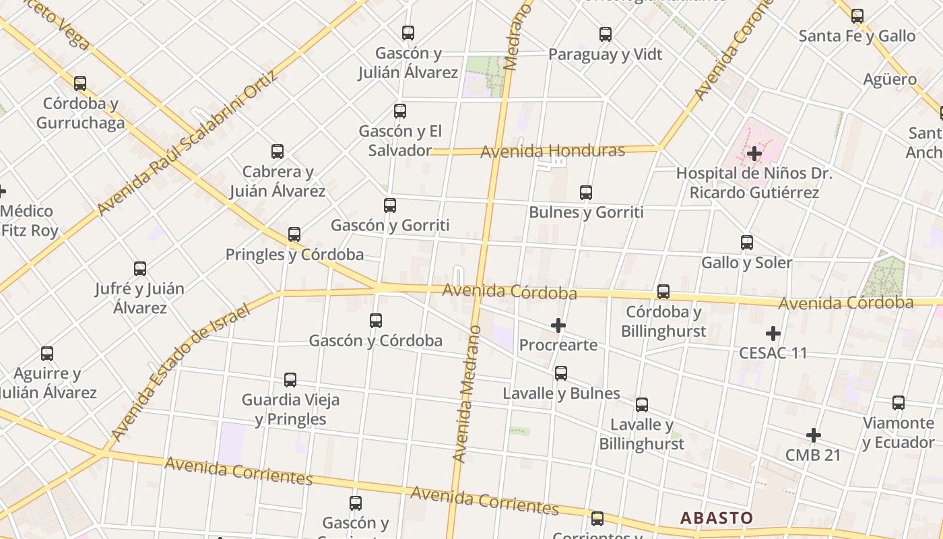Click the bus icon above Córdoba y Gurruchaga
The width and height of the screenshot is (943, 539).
(80, 84)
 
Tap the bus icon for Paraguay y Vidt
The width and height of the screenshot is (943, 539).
(606, 34)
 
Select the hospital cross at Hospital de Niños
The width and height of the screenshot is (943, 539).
(754, 154)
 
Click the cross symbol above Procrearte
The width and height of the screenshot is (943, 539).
(558, 326)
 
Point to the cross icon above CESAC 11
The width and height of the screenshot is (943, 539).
(773, 334)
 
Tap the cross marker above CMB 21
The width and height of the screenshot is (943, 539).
(814, 435)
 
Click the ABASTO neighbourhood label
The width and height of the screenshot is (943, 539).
(716, 518)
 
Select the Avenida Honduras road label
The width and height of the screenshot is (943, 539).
(552, 151)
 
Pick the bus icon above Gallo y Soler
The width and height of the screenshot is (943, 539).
(747, 243)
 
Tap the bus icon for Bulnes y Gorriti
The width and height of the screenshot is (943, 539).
(586, 193)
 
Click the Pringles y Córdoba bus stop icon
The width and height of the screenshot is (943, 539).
(294, 234)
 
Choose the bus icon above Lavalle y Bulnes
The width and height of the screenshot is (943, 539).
(561, 373)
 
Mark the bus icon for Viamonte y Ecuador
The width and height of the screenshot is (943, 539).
(899, 403)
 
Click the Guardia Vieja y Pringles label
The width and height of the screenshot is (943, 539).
(290, 409)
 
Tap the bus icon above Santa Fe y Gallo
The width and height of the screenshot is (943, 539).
(857, 15)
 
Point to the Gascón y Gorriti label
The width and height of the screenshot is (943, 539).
(390, 225)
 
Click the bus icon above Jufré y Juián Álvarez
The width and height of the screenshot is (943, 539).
(140, 269)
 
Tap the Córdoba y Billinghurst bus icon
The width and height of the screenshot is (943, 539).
(663, 292)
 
